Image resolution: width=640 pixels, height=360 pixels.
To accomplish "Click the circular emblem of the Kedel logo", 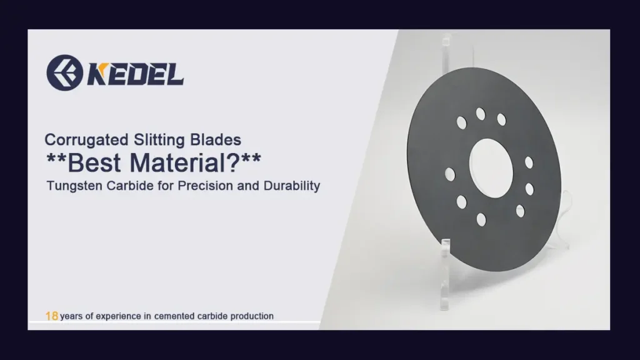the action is pyautogui.click(x=64, y=72).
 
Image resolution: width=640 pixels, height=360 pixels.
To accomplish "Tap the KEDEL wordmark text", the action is pyautogui.click(x=136, y=74).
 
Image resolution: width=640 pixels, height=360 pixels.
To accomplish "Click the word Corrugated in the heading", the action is pyautogui.click(x=86, y=141).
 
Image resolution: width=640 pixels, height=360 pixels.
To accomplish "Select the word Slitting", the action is pyautogui.click(x=159, y=141).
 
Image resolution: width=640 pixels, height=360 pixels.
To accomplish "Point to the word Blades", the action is pyautogui.click(x=216, y=140).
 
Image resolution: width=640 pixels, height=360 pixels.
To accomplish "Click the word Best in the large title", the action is pyautogui.click(x=94, y=163).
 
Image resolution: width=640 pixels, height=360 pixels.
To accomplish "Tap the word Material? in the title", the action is pyautogui.click(x=184, y=163).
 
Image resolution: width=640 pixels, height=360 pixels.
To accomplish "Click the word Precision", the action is pyautogui.click(x=205, y=186).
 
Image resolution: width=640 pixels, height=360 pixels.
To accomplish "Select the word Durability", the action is pyautogui.click(x=292, y=186).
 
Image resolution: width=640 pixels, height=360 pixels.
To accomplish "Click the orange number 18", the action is pyautogui.click(x=51, y=316).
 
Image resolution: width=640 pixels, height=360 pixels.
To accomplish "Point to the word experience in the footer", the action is pyautogui.click(x=118, y=316).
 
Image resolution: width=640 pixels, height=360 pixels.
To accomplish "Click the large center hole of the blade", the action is pyautogui.click(x=491, y=168).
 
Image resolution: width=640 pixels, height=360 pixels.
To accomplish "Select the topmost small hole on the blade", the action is pyautogui.click(x=481, y=114).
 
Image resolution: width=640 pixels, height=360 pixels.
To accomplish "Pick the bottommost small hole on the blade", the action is pyautogui.click(x=482, y=219).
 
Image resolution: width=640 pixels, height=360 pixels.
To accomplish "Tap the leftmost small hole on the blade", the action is pyautogui.click(x=450, y=174).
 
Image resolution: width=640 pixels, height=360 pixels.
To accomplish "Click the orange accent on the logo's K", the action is pyautogui.click(x=102, y=68).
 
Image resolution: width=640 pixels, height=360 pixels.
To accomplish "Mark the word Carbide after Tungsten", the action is pyautogui.click(x=130, y=186).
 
